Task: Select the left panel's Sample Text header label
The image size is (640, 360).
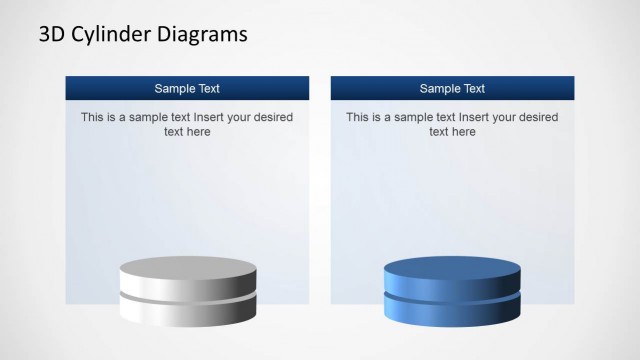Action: tap(187, 88)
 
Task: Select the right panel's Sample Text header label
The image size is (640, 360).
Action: tap(452, 88)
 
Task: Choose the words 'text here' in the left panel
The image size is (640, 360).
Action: tap(187, 131)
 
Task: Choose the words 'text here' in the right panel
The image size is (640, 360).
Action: tap(452, 131)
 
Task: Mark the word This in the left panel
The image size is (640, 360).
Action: tap(92, 117)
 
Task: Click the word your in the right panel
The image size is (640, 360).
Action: tap(506, 117)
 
